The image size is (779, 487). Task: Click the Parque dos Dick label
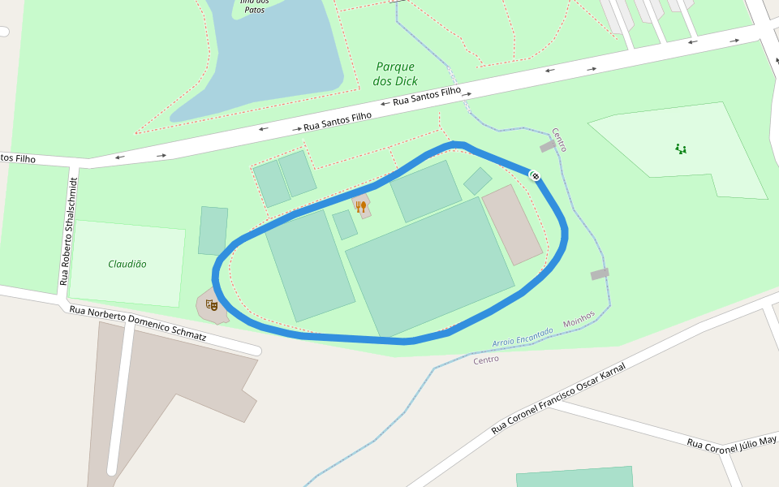(395, 74)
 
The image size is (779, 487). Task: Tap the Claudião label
(127, 264)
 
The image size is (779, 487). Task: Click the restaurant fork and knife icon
(360, 206)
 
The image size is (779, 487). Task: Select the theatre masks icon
(212, 305)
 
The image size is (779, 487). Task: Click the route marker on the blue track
(535, 175)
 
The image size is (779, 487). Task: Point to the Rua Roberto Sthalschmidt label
(69, 231)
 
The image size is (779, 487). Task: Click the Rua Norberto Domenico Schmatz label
(138, 323)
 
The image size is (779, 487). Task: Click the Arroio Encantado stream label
(522, 338)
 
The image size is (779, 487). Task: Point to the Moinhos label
(579, 319)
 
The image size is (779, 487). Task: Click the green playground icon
(681, 149)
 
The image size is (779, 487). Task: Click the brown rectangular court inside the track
(511, 224)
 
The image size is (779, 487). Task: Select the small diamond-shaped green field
(477, 181)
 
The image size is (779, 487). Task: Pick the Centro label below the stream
(486, 360)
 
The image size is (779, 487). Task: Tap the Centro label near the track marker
(559, 140)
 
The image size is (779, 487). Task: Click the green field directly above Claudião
(213, 231)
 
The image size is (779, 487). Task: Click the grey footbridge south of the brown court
(600, 274)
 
